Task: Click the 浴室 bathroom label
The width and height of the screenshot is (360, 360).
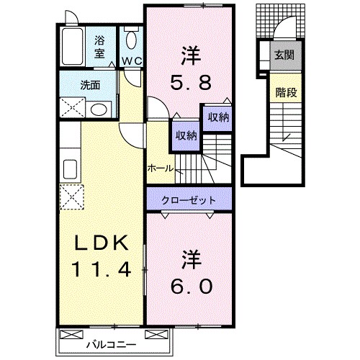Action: (x=99, y=48)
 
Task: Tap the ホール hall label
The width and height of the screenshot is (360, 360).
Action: (x=160, y=168)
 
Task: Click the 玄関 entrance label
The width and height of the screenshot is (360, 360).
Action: (x=283, y=54)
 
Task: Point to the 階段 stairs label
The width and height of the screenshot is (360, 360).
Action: (x=283, y=91)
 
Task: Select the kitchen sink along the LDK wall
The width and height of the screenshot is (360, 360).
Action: (x=71, y=170)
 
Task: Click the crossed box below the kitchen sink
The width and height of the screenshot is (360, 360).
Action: (x=71, y=196)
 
